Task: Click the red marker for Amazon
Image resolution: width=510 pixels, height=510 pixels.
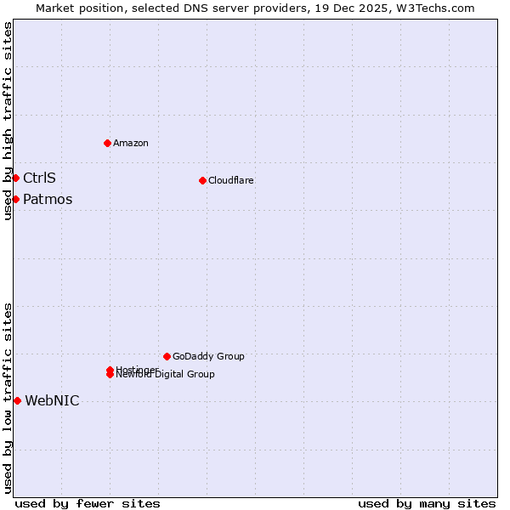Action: (107, 143)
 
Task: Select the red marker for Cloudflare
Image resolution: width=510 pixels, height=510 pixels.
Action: (202, 180)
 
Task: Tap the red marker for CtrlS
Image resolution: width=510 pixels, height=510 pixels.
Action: (15, 178)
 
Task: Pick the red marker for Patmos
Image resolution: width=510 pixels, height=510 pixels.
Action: (15, 199)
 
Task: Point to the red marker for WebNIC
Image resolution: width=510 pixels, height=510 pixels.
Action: (17, 400)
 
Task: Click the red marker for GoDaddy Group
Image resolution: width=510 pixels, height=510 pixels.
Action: (167, 356)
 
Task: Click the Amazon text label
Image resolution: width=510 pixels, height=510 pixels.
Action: (131, 143)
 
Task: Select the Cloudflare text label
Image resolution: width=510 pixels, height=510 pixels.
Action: (231, 180)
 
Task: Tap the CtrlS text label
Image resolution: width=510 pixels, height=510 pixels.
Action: (39, 178)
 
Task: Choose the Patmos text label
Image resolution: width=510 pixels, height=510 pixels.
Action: (48, 199)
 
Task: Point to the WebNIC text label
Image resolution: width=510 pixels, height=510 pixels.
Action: (52, 400)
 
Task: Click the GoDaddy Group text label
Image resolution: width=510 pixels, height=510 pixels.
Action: (208, 356)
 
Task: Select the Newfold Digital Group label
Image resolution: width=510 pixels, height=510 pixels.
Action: (167, 375)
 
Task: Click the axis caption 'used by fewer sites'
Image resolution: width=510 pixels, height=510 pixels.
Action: (88, 503)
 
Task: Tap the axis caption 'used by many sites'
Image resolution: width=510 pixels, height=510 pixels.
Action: (427, 503)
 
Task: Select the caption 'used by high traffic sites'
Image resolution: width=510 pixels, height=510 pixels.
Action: (8, 121)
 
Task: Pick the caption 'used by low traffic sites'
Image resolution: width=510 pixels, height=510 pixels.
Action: (8, 398)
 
